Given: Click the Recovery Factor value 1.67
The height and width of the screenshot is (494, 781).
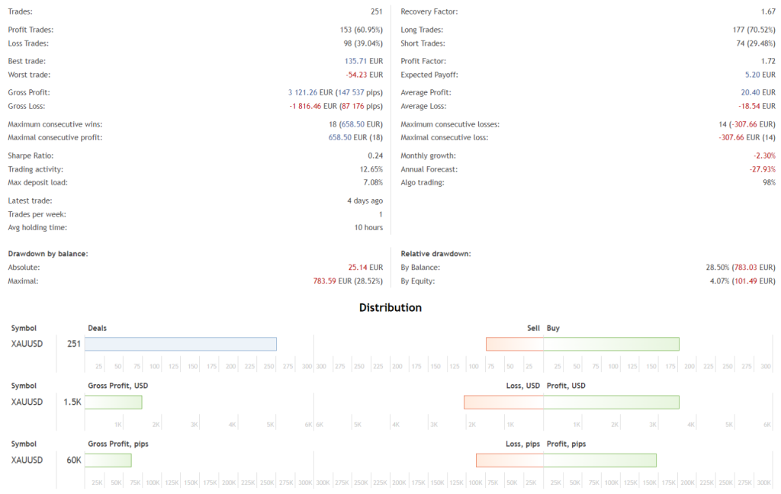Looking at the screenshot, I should [768, 12].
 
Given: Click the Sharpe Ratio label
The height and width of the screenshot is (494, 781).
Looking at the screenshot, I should [29, 156].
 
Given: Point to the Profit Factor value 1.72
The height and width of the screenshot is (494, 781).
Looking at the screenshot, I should [768, 61].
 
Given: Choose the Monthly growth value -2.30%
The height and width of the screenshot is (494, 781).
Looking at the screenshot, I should [764, 156].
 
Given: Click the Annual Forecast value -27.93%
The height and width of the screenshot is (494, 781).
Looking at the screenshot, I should [762, 169].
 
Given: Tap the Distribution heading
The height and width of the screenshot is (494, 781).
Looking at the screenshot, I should [390, 308].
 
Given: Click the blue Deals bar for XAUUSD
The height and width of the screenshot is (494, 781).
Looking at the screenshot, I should [180, 344].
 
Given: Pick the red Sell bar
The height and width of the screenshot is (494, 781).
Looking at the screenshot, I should [515, 344].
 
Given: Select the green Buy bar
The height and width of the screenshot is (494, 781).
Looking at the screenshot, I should [611, 344].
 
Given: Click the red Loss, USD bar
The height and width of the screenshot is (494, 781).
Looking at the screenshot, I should [503, 402].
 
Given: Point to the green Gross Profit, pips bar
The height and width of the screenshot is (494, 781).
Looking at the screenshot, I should [108, 460].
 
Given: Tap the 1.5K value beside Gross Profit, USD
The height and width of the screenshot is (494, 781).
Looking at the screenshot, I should [73, 402].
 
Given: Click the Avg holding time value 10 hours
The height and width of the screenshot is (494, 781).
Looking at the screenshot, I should [368, 228].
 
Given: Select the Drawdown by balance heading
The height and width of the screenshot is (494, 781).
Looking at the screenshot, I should [47, 253].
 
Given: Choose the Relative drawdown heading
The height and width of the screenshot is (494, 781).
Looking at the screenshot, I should [435, 253].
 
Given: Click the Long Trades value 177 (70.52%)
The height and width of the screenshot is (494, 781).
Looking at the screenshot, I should [753, 30].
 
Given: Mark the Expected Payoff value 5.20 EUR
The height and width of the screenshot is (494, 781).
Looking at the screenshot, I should [760, 75].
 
